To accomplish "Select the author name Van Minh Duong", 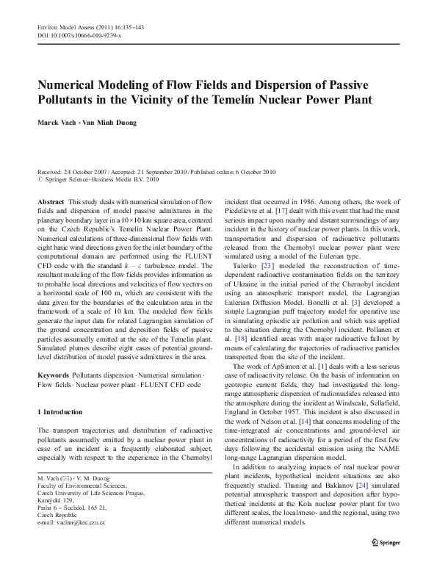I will [114, 122].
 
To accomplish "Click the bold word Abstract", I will [49, 201].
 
